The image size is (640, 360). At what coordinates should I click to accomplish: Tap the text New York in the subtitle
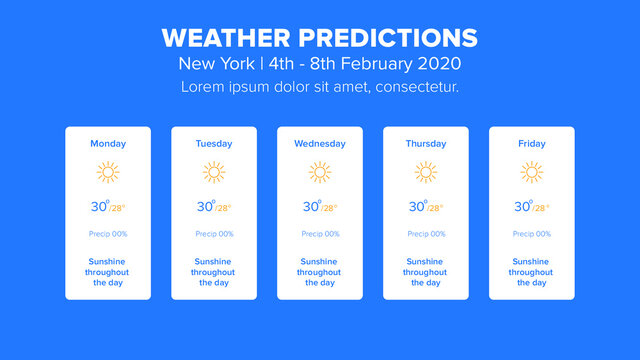coord(209,63)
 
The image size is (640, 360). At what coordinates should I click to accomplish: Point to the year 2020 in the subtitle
coord(441,63)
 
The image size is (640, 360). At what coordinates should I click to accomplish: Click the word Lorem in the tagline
coord(203,87)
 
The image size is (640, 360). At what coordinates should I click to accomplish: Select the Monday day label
coord(108,144)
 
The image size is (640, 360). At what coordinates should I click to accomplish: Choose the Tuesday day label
coord(214,144)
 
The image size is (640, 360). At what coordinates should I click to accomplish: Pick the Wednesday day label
coord(320,144)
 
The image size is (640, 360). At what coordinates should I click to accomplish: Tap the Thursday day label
coord(426,144)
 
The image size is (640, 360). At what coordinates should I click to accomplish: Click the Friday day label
coord(532,144)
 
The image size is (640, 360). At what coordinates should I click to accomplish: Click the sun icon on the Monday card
coord(108,172)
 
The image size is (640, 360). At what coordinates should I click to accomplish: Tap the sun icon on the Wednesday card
coord(320,172)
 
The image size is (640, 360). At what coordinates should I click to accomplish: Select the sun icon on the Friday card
coord(532,172)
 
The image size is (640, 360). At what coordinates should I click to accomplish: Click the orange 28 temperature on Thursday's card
coord(436,209)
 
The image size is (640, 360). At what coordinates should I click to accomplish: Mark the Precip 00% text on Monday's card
coord(108,234)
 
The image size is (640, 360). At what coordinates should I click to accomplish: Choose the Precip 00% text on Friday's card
coord(532,234)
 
